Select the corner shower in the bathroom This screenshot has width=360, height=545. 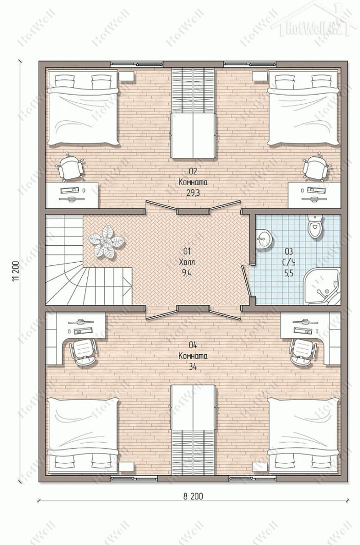322,286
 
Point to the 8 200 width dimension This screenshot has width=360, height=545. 193,496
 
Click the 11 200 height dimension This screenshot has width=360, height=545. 15,271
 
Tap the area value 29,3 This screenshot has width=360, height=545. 193,193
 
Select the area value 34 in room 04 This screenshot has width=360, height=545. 193,367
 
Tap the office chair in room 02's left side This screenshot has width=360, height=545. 70,169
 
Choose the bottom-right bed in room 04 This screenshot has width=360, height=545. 303,435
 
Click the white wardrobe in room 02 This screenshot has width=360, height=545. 193,136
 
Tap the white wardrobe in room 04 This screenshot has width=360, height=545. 193,407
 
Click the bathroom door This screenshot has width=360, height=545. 247,282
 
